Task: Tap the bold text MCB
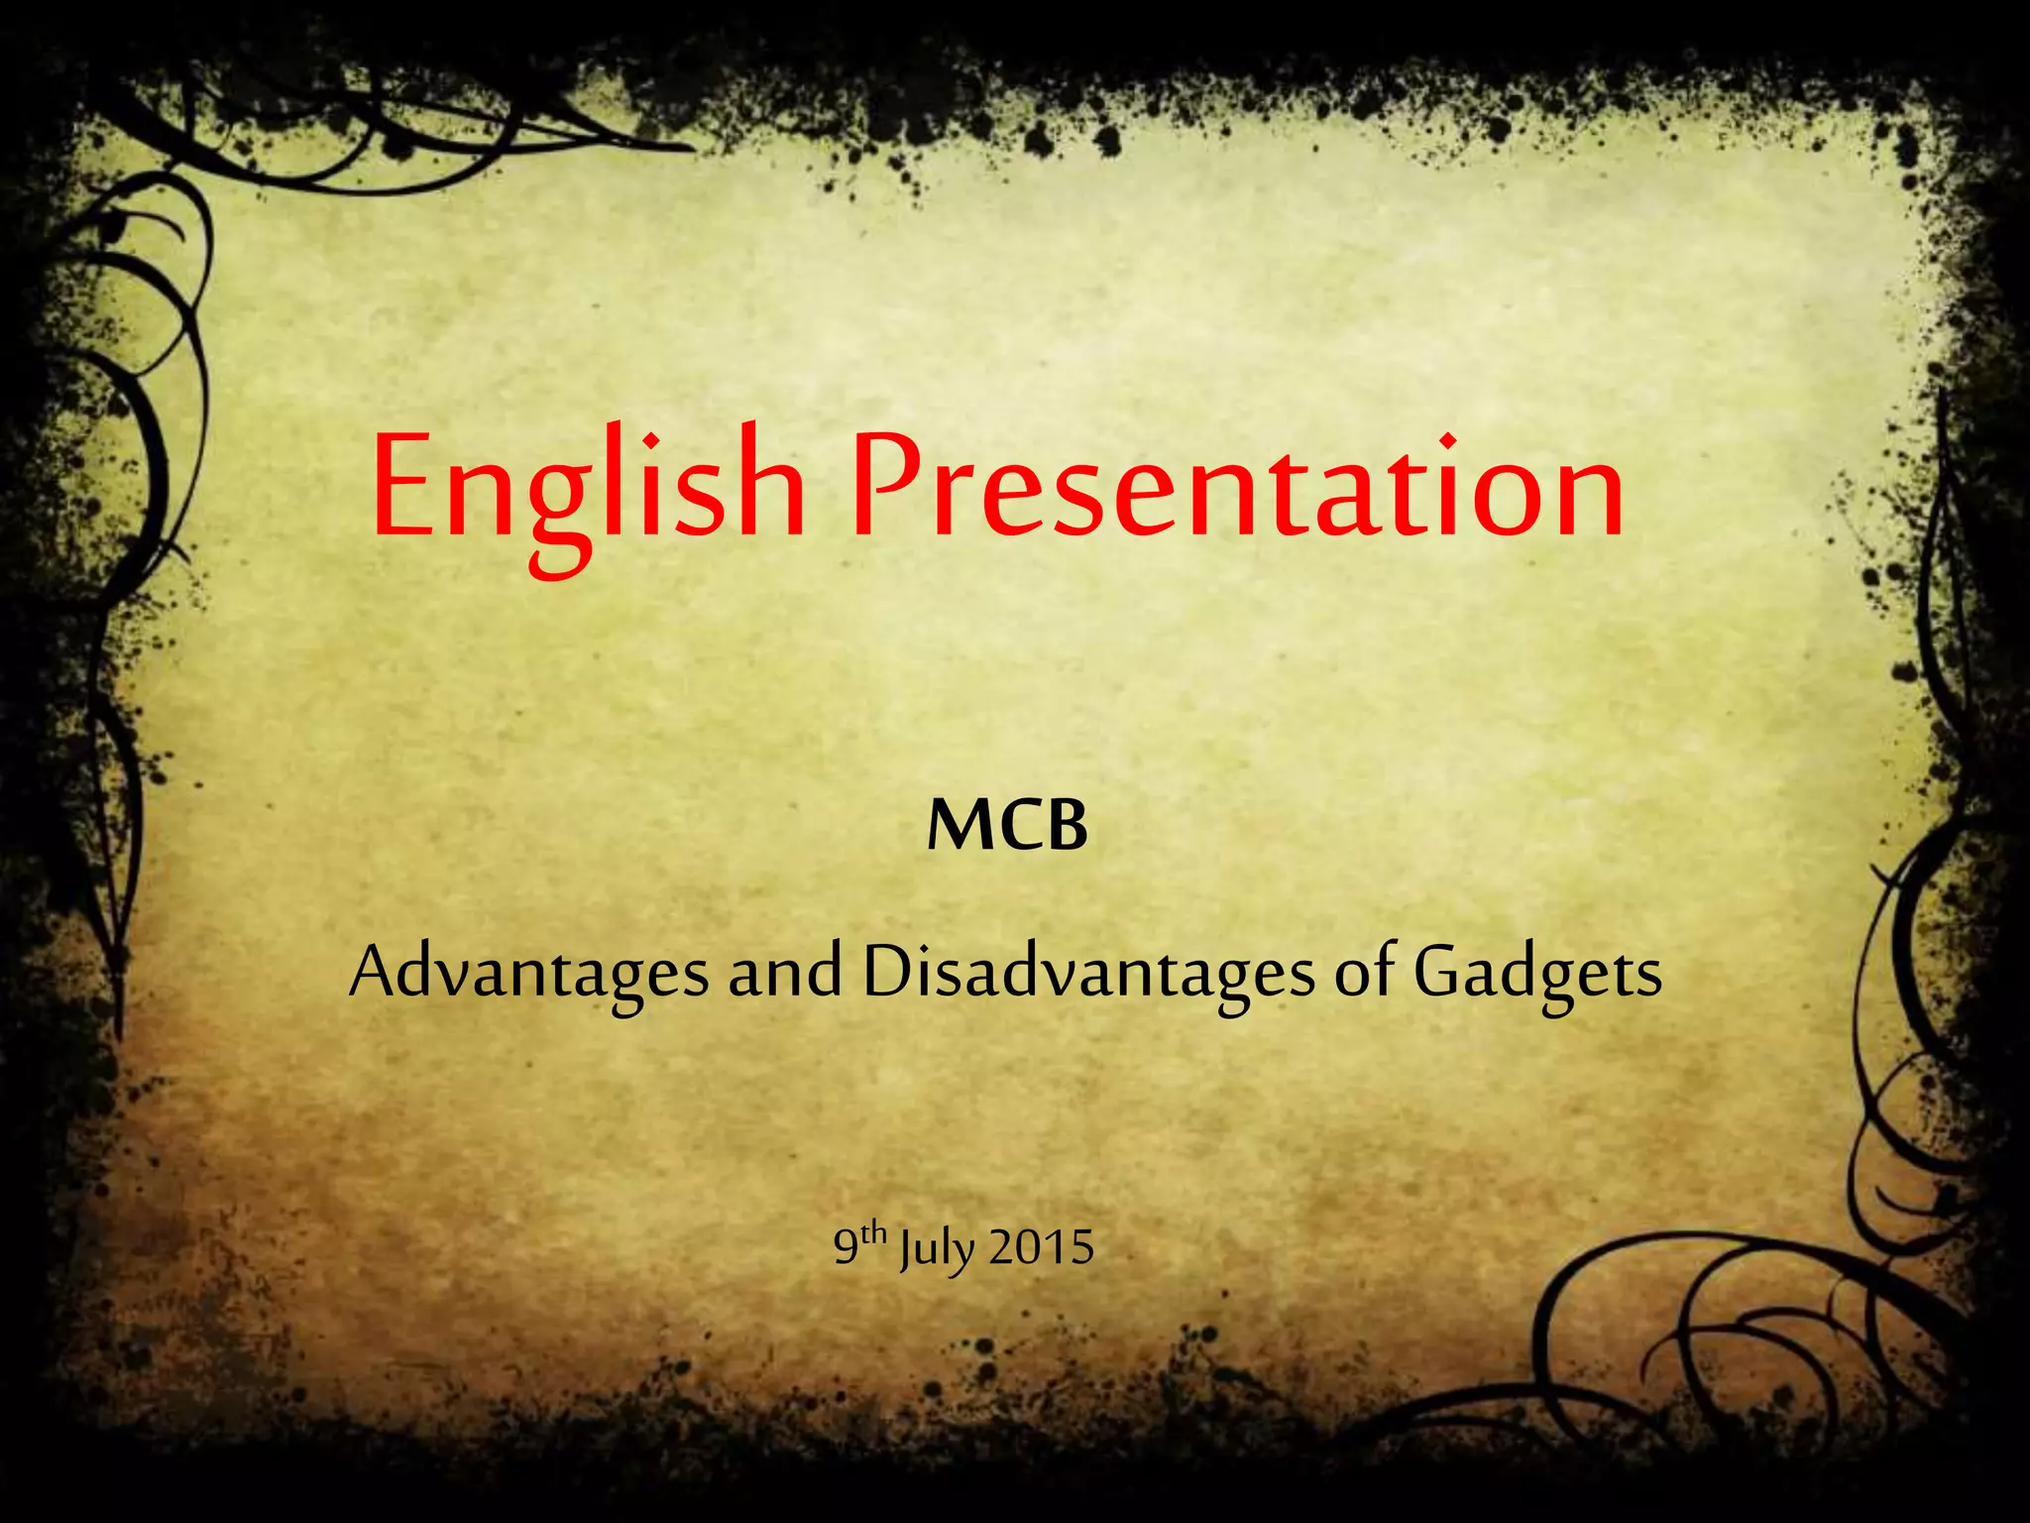1007,826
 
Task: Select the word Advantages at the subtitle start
529,973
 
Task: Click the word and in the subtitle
785,973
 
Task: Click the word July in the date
937,1249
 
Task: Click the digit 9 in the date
846,1247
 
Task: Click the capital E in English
404,488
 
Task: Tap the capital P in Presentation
887,488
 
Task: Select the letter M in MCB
956,826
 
